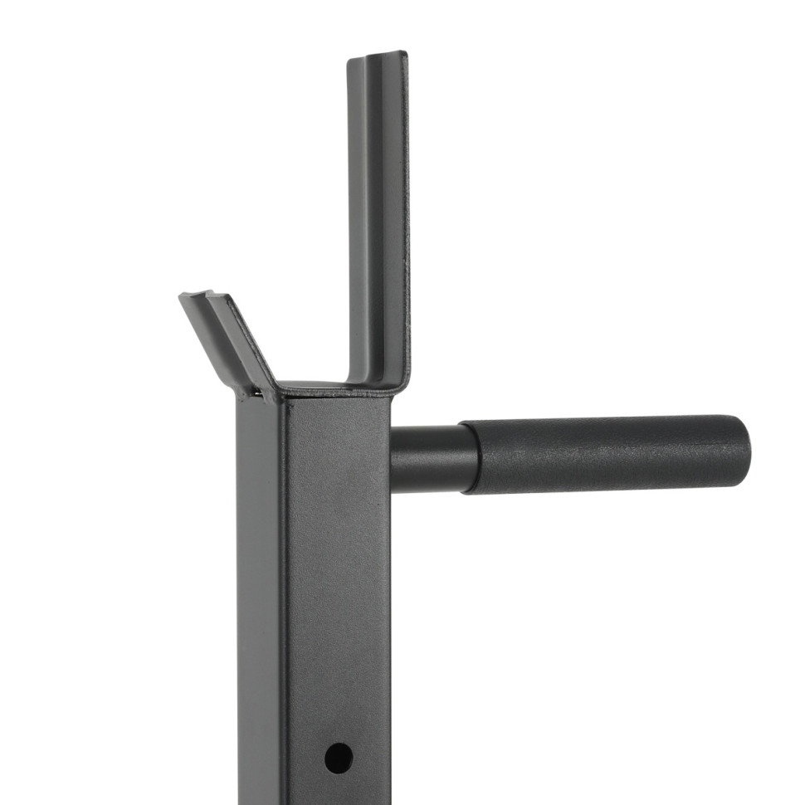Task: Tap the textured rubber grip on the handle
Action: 606,454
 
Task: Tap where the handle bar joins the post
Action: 392,459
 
